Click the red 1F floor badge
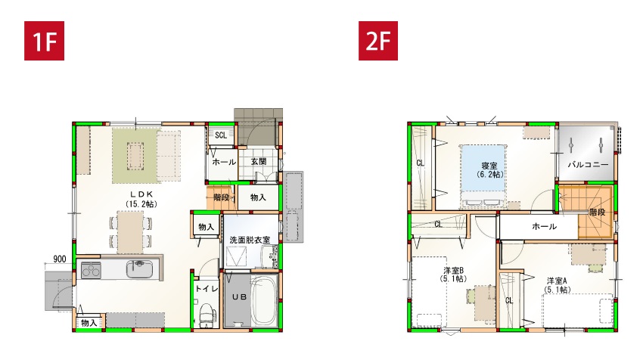45,41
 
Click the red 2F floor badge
378,41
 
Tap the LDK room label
141,194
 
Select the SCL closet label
221,135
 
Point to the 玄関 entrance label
259,162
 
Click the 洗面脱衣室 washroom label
250,241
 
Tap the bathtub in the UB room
264,300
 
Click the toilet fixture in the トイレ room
207,315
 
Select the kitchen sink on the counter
139,269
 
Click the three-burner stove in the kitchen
91,270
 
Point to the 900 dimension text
60,259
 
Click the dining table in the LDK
130,232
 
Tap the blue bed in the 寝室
483,175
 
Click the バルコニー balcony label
588,165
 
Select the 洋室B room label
453,271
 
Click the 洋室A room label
557,281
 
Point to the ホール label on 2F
544,226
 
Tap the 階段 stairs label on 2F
598,213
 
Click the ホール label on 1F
224,162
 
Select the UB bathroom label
239,297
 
